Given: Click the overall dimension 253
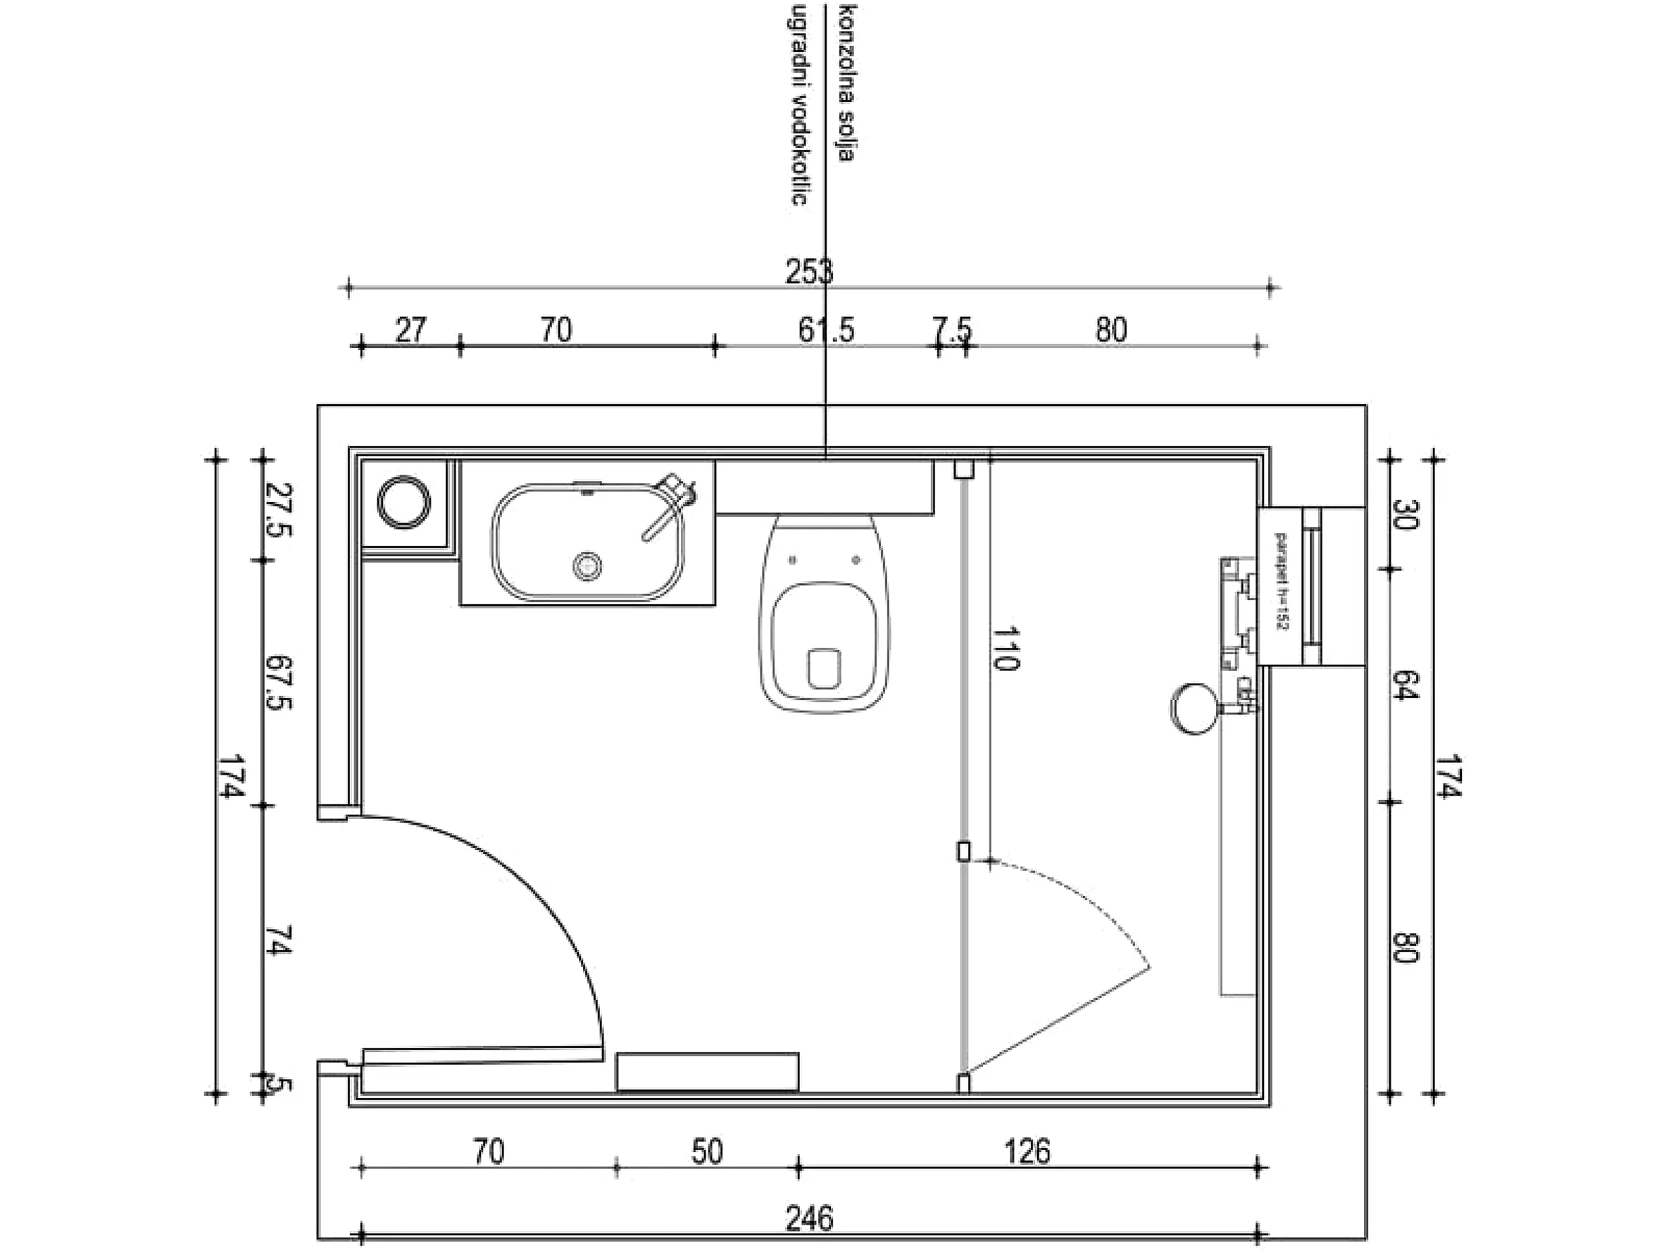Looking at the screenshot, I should pyautogui.click(x=809, y=271).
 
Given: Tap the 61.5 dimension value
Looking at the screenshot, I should pyautogui.click(x=826, y=330).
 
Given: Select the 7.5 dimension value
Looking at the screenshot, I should pyautogui.click(x=952, y=330).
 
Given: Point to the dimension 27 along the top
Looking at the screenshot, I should pyautogui.click(x=411, y=330).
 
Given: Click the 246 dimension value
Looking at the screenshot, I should pyautogui.click(x=809, y=1219).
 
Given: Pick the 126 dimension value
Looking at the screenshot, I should pyautogui.click(x=1028, y=1152).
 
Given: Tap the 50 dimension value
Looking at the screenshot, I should pyautogui.click(x=706, y=1152).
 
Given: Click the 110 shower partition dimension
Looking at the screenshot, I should pyautogui.click(x=1006, y=648).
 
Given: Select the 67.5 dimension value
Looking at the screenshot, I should pyautogui.click(x=279, y=682).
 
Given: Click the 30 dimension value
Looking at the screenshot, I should pyautogui.click(x=1405, y=514).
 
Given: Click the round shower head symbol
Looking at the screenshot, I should pyautogui.click(x=1194, y=707).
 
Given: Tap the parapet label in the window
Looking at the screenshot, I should pyautogui.click(x=1279, y=580).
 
